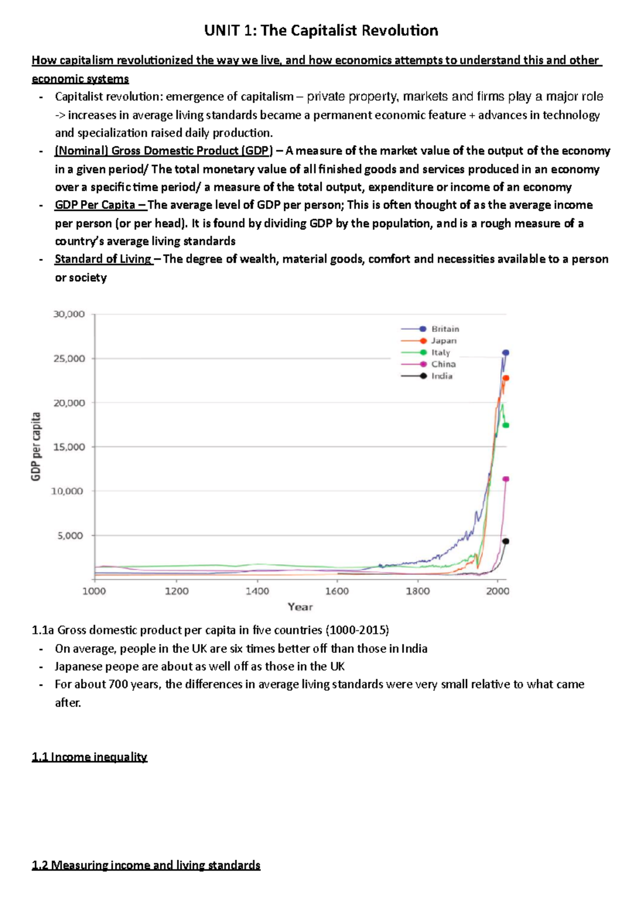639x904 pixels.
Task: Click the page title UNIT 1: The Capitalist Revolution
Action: (321, 30)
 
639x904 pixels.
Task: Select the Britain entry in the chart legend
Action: (445, 329)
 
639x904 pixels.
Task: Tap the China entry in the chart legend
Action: (443, 364)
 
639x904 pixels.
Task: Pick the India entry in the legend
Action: (441, 376)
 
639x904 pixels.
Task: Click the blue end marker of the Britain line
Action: (506, 352)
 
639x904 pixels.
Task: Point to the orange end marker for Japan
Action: (506, 378)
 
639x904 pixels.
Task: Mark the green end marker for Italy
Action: (506, 425)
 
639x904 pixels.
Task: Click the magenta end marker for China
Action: (506, 479)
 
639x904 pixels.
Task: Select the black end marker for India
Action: (506, 541)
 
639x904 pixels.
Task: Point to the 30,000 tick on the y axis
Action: (69, 314)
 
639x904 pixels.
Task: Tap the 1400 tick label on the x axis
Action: (257, 591)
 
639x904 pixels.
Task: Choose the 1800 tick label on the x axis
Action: (418, 591)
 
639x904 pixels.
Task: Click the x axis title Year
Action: (300, 607)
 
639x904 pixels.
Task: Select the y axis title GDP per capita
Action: (36, 447)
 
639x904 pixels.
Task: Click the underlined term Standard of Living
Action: (103, 259)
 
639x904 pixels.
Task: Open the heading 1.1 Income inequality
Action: (89, 757)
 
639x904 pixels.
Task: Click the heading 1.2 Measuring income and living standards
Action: (146, 865)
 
